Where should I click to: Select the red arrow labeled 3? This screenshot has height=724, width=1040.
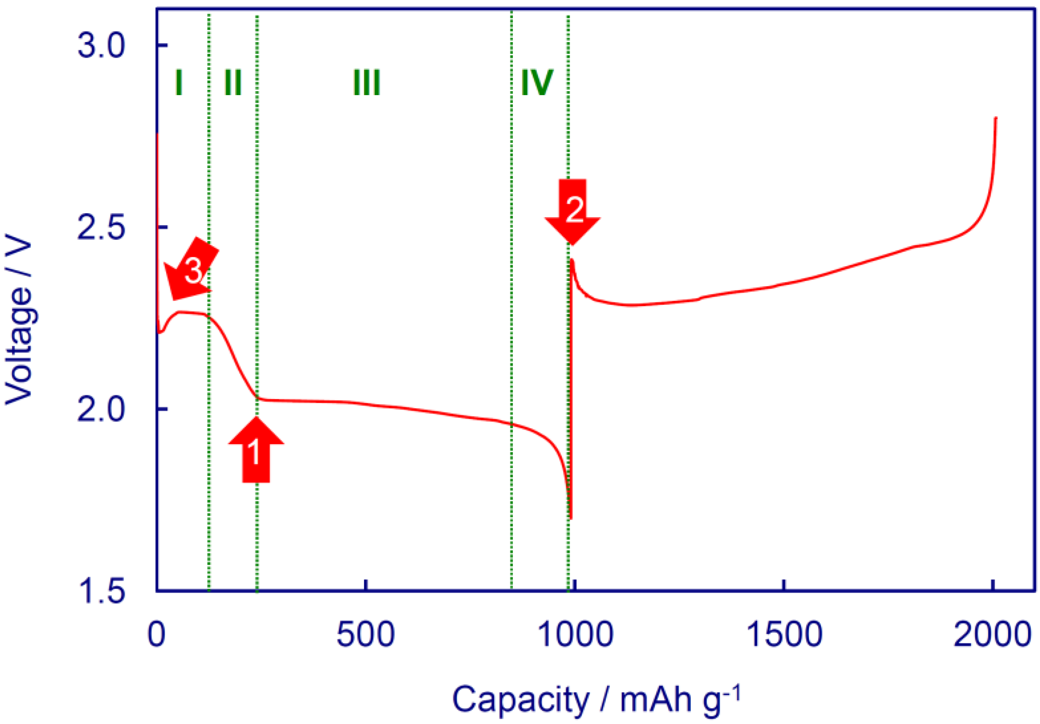pyautogui.click(x=192, y=271)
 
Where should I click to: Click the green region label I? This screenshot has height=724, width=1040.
pyautogui.click(x=179, y=83)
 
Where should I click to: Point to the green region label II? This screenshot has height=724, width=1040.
pyautogui.click(x=233, y=83)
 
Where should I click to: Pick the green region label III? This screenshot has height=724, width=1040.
pyautogui.click(x=366, y=83)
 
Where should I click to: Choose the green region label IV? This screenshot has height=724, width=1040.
pyautogui.click(x=537, y=83)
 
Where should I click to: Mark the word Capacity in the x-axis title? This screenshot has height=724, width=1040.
pyautogui.click(x=520, y=700)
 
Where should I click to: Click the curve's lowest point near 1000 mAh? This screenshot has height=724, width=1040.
pyautogui.click(x=571, y=517)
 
